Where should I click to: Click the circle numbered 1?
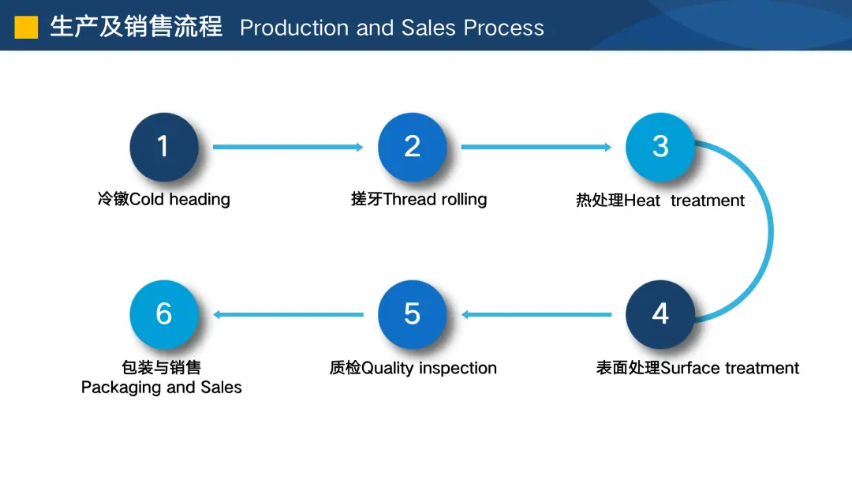pos(163,147)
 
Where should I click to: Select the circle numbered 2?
pos(412,147)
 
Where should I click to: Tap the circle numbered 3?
pos(660,147)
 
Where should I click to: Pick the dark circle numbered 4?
pos(660,314)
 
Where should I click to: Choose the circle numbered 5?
pos(412,314)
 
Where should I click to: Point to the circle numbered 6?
pos(163,314)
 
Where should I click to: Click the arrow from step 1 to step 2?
pos(288,147)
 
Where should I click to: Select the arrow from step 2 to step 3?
pos(536,147)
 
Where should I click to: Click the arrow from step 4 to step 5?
pos(536,314)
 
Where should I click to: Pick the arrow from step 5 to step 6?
pos(288,314)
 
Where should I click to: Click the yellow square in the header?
pos(26,27)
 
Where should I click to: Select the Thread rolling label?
pos(435,200)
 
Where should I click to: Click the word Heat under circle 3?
pos(642,201)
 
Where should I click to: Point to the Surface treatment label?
pos(730,368)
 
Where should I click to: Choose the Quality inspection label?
pos(428,368)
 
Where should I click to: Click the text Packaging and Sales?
pos(162,387)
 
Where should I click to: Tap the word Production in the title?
pos(294,28)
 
